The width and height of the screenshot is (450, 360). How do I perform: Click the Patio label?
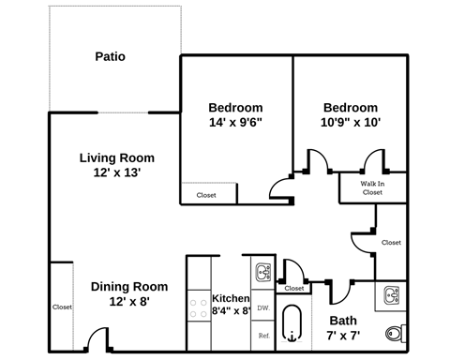pyautogui.click(x=110, y=56)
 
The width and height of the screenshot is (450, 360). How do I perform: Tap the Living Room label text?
pyautogui.click(x=116, y=157)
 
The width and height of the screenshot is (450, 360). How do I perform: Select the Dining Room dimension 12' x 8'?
pyautogui.click(x=128, y=302)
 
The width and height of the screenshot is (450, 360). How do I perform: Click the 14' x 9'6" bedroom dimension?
pyautogui.click(x=235, y=122)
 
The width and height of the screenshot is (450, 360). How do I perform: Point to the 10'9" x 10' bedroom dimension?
pyautogui.click(x=351, y=122)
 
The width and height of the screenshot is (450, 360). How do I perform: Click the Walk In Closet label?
pyautogui.click(x=372, y=188)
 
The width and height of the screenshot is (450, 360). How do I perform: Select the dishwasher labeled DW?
pyautogui.click(x=262, y=307)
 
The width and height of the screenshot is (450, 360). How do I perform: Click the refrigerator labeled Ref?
pyautogui.click(x=262, y=335)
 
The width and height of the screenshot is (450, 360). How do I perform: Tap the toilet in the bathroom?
pyautogui.click(x=397, y=333)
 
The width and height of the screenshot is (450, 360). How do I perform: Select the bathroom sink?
pyautogui.click(x=392, y=295)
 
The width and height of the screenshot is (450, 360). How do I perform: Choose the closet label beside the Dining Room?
pyautogui.click(x=62, y=307)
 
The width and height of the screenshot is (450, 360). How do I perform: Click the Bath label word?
pyautogui.click(x=343, y=320)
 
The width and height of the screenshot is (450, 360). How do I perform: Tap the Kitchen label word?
pyautogui.click(x=231, y=297)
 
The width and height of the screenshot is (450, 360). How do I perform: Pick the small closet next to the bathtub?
pyautogui.click(x=294, y=289)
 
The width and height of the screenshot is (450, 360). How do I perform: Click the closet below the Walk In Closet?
pyautogui.click(x=391, y=242)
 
